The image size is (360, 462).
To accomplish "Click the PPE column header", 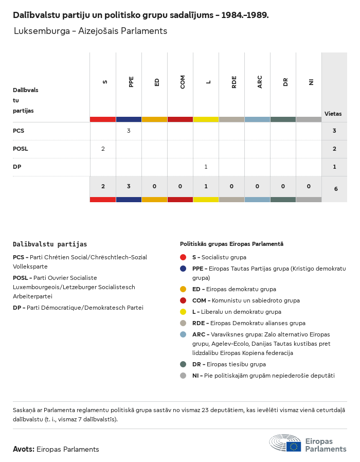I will tap(131, 82).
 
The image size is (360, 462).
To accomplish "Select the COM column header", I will tap(183, 82).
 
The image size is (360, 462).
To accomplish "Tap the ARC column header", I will tap(260, 82).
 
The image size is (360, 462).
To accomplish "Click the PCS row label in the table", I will tap(19, 131).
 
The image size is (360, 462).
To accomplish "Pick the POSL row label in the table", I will tap(21, 149).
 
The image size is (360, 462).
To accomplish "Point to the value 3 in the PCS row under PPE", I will tap(129, 131).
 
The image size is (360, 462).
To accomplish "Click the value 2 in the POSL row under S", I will tap(103, 149).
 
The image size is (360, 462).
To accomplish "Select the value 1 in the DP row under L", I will tap(206, 167).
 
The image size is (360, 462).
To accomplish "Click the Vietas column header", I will tap(333, 114).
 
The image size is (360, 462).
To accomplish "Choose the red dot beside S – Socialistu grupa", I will tap(183, 257).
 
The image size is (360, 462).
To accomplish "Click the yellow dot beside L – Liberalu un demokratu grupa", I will tap(183, 312).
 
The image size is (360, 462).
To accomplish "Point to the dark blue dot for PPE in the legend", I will tap(183, 269).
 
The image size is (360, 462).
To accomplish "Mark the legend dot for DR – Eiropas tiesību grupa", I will tap(183, 364).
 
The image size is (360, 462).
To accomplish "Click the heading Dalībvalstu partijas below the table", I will tap(50, 244).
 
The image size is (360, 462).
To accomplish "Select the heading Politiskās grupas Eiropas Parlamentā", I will tap(231, 244).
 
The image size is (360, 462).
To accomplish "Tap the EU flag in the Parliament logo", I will tap(294, 447).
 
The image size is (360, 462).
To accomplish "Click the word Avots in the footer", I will tap(23, 449).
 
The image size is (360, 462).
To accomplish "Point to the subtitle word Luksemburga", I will tap(41, 31).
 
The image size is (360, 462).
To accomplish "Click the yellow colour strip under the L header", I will tap(206, 119).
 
